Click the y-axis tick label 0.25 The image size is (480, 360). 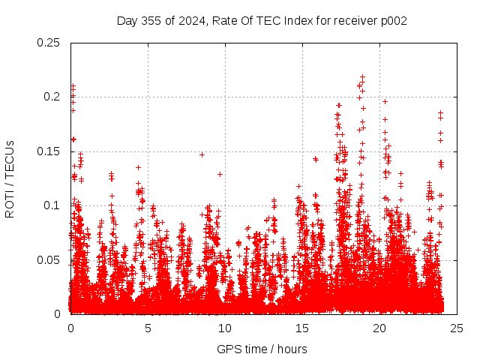[49, 42]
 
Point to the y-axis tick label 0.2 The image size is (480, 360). [52, 97]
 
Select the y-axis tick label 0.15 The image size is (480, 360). [49, 151]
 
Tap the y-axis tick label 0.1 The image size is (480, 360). [52, 205]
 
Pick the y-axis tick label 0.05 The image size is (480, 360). [49, 259]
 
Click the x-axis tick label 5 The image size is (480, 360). [148, 328]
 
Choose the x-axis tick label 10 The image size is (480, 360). [225, 328]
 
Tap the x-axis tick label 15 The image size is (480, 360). [302, 328]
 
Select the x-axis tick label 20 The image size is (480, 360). [379, 328]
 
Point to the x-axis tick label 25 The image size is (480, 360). [457, 328]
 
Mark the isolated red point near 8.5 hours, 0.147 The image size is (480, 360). [202, 154]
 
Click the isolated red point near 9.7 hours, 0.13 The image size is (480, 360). [220, 174]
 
